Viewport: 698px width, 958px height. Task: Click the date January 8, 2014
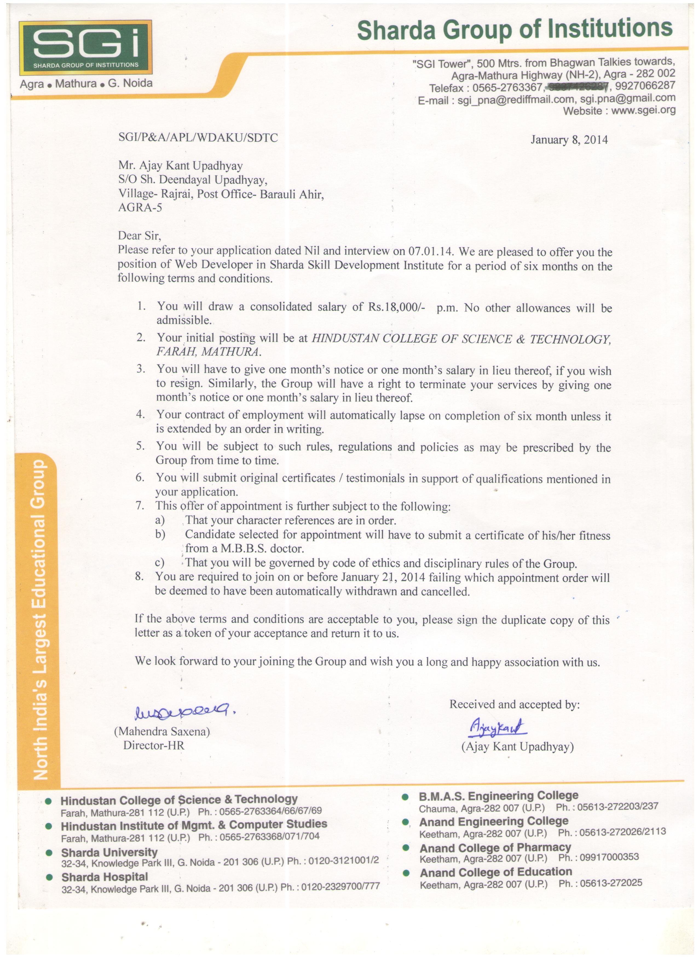pos(569,140)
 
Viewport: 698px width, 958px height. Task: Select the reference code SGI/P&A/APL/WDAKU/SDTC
pos(198,138)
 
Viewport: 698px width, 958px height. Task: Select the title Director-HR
pos(154,745)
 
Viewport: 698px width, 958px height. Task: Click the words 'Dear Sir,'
pos(139,235)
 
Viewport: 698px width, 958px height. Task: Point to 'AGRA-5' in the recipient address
pos(140,207)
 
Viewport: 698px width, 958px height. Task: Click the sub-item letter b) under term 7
pos(160,535)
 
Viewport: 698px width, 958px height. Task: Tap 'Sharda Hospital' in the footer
pos(105,877)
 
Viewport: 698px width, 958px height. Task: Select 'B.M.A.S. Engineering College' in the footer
pos(498,796)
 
